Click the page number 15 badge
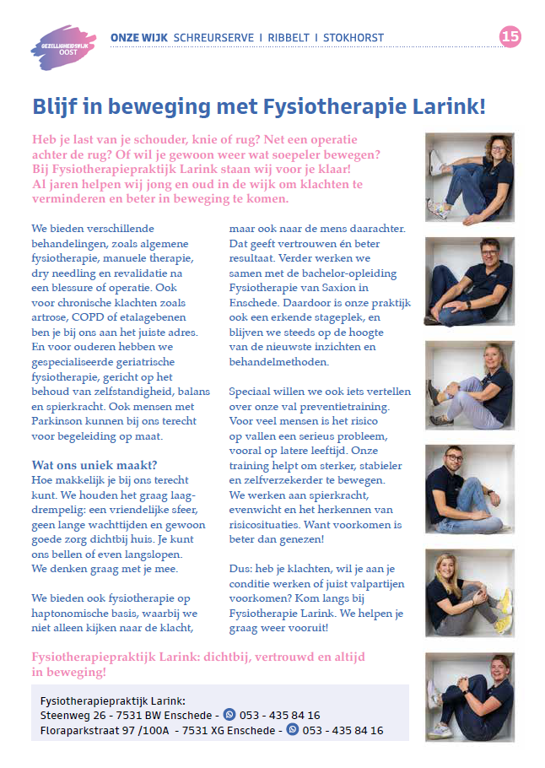[x=510, y=36]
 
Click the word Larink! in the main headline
[x=448, y=107]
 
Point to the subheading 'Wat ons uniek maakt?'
[x=94, y=465]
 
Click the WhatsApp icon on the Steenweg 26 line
[x=229, y=715]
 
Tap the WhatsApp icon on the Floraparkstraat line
[x=293, y=730]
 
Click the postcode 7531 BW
[x=146, y=716]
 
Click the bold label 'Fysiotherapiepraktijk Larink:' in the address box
[x=112, y=700]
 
